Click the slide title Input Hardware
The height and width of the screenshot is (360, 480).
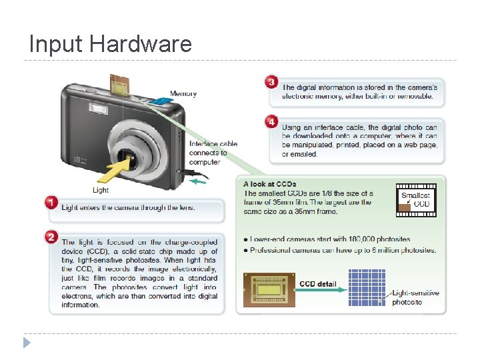(x=110, y=44)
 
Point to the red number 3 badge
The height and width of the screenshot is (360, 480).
(x=271, y=82)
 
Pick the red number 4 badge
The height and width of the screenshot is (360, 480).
(x=271, y=122)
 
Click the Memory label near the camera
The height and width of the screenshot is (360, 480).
(x=183, y=94)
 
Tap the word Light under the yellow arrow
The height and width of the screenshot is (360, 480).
(x=101, y=190)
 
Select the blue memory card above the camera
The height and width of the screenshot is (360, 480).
(x=160, y=100)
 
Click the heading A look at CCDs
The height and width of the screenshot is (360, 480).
(x=270, y=184)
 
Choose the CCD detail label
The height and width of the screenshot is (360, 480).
(x=317, y=284)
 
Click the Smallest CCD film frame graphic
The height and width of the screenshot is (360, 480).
(x=415, y=199)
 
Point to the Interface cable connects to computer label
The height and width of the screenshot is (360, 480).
(x=213, y=153)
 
